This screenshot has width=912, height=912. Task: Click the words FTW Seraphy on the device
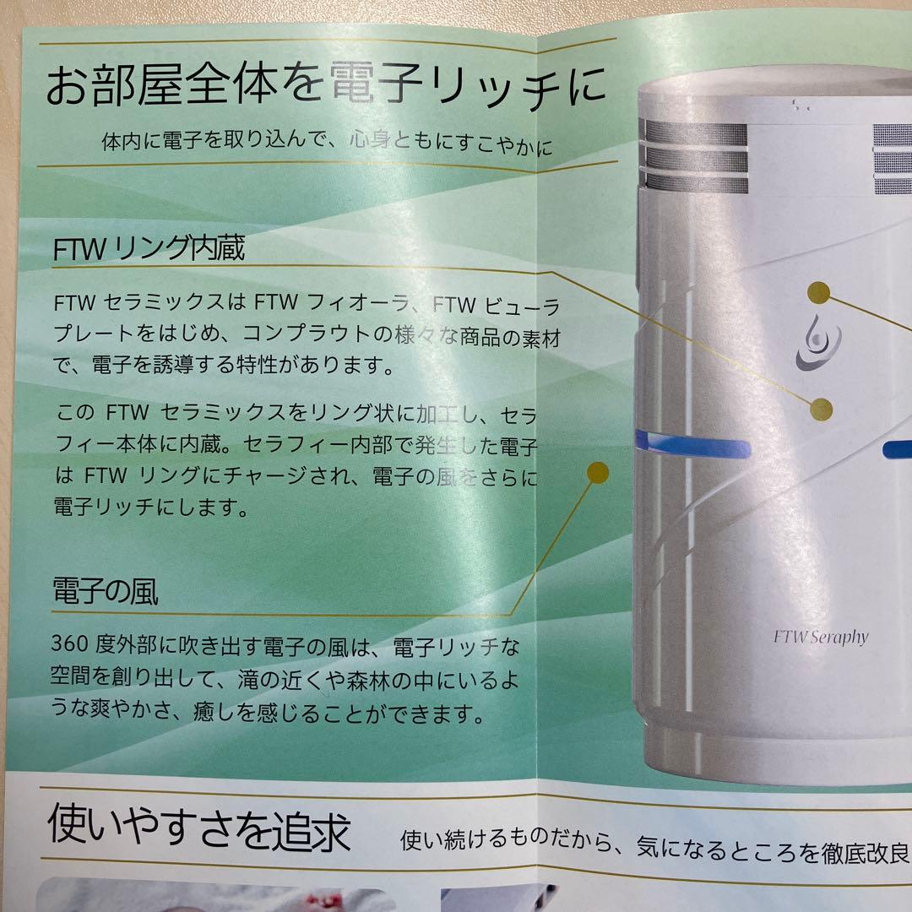821,638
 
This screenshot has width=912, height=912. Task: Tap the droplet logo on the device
819,343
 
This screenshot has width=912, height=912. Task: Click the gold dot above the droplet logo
819,292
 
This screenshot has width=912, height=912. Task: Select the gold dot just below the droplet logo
821,410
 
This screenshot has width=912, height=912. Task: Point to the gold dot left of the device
597,473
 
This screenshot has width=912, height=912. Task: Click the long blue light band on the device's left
692,445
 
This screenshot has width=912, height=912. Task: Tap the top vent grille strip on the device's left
696,133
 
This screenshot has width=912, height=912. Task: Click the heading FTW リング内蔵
149,248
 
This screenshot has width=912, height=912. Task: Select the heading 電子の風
106,591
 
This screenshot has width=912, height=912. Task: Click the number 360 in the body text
69,643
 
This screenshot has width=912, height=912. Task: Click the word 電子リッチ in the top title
445,85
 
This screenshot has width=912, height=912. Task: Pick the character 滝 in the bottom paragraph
247,679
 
